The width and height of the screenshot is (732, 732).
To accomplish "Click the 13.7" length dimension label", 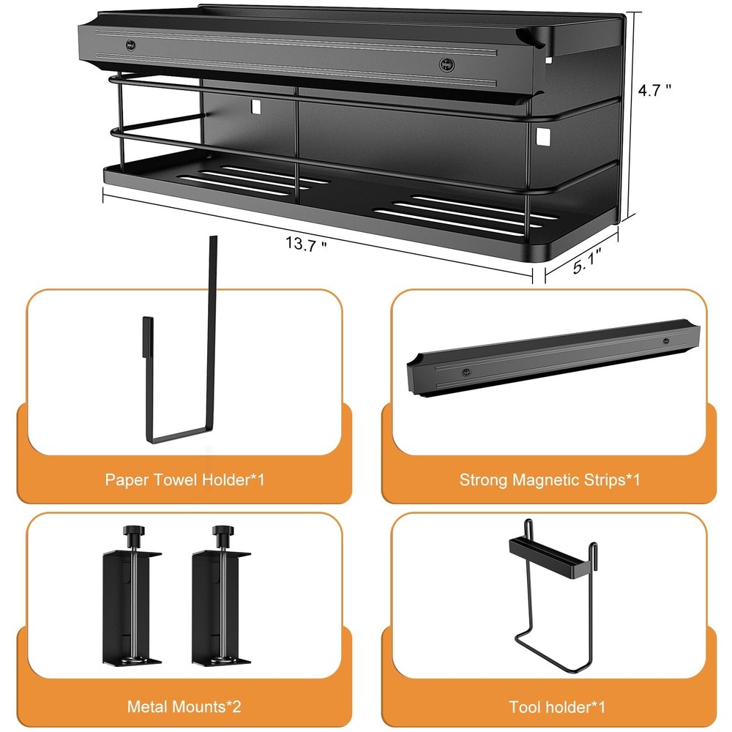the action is click(x=306, y=244).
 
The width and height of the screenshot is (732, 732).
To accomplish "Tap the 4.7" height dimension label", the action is click(x=654, y=89).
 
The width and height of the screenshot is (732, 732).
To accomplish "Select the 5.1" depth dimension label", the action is click(x=586, y=261).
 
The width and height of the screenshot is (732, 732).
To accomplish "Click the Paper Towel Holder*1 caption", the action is click(x=184, y=480).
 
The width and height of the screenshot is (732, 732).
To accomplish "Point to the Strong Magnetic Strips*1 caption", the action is click(x=550, y=480).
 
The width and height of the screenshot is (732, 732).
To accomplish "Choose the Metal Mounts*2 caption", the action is click(x=184, y=706).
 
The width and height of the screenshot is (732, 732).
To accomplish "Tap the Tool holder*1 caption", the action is click(x=556, y=707).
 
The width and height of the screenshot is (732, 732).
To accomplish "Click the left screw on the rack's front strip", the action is click(x=130, y=45).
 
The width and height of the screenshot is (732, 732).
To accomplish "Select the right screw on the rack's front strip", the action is click(x=447, y=64).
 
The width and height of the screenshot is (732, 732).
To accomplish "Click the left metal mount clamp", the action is click(x=132, y=595).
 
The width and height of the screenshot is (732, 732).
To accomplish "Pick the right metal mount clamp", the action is click(x=221, y=595).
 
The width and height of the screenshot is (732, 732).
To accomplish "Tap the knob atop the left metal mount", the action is click(x=133, y=531).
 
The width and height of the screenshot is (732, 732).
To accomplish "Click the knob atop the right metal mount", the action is click(x=223, y=531).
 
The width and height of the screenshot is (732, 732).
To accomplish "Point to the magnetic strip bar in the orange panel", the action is click(x=553, y=358).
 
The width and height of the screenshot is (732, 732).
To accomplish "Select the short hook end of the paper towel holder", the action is click(x=148, y=336).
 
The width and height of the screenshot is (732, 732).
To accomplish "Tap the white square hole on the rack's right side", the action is click(x=542, y=136).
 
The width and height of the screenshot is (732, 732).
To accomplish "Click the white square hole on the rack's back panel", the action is click(x=255, y=106).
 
